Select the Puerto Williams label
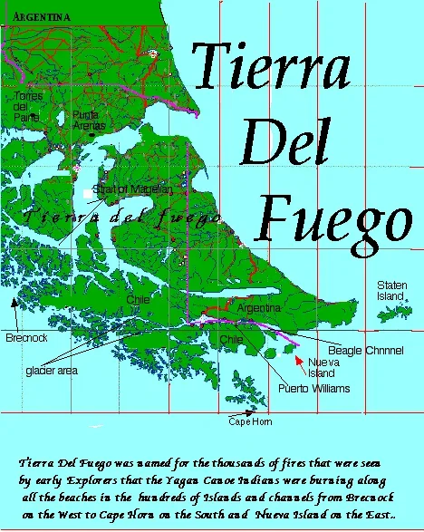[313, 389]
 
